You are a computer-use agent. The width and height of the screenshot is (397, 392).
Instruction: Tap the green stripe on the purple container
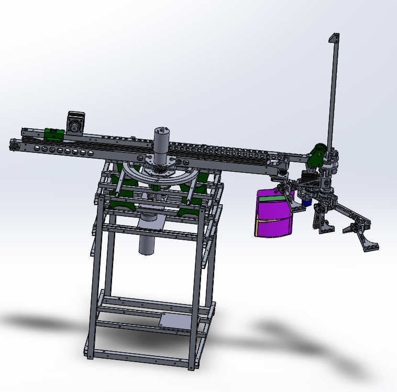pyautogui.click(x=272, y=198)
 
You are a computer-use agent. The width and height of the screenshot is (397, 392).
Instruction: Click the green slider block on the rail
pyautogui.click(x=53, y=135)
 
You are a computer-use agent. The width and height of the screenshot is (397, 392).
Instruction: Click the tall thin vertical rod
pyautogui.click(x=332, y=94)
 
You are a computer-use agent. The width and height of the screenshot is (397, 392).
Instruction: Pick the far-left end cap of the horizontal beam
pyautogui.click(x=15, y=146)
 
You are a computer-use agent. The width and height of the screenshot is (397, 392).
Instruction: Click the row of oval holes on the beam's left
pyautogui.click(x=63, y=151)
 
